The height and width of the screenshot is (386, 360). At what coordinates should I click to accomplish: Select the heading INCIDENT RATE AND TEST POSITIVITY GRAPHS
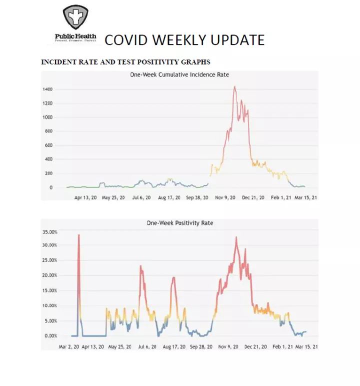(125, 62)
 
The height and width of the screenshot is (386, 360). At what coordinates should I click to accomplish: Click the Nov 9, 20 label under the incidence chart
(225, 197)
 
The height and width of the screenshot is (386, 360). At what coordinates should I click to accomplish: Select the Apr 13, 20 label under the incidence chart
(85, 197)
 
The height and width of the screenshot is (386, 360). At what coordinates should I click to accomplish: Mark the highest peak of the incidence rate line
(234, 87)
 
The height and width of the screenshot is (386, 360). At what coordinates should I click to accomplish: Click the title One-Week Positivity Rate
(179, 223)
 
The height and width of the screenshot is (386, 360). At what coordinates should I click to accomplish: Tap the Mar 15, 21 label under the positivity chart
(307, 346)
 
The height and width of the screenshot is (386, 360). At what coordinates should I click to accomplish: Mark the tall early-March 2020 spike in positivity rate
(78, 235)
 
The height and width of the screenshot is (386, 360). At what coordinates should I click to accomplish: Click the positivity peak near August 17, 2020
(174, 277)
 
